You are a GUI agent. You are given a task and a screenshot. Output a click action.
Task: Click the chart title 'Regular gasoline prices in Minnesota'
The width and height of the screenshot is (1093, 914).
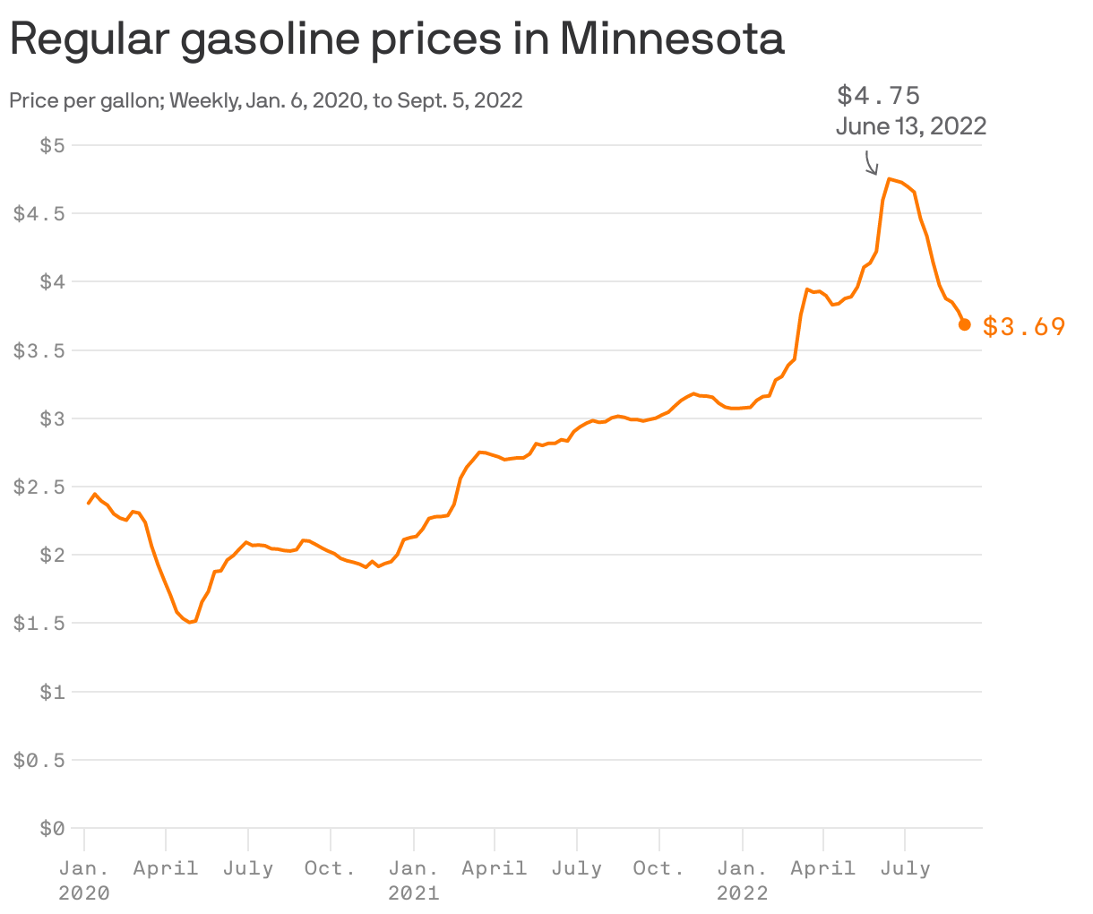[397, 39]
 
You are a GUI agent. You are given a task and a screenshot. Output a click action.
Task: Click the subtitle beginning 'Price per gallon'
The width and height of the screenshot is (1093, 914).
[266, 100]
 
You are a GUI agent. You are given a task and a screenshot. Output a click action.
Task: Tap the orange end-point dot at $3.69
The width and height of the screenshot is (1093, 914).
[964, 324]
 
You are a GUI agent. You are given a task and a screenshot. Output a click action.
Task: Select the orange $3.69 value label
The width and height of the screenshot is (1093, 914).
[1024, 326]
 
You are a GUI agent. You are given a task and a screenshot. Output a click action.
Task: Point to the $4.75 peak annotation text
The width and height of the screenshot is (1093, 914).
[878, 95]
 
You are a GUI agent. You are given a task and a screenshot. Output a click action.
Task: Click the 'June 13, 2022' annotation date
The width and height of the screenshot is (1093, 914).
[910, 126]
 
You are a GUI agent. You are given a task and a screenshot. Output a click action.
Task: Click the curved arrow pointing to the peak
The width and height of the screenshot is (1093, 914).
[871, 163]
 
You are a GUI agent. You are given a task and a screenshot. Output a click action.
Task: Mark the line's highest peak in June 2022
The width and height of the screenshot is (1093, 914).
[889, 179]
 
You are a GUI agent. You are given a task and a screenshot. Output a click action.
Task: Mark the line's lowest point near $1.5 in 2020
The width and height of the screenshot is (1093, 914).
[189, 622]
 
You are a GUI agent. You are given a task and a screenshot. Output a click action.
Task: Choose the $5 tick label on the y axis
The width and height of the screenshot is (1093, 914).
[52, 145]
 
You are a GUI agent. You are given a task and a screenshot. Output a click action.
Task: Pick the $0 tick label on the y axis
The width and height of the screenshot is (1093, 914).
[52, 829]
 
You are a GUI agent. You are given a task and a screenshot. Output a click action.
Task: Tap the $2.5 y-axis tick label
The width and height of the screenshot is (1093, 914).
[39, 487]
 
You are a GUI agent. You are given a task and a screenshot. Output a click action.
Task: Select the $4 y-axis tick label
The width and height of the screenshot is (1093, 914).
[52, 281]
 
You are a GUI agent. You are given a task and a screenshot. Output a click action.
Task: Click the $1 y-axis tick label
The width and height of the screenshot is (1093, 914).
[52, 692]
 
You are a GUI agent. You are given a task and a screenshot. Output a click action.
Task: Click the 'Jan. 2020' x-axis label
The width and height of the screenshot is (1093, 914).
[84, 880]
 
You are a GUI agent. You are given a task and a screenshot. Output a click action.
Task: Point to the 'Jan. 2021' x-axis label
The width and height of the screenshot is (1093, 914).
[413, 880]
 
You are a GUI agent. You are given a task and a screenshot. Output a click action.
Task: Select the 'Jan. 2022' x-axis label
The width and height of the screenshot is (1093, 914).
[742, 880]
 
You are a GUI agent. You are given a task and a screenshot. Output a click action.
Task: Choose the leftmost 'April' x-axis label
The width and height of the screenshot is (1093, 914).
[166, 868]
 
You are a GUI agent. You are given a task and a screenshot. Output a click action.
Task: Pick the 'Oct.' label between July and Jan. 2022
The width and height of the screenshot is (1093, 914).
[658, 868]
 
